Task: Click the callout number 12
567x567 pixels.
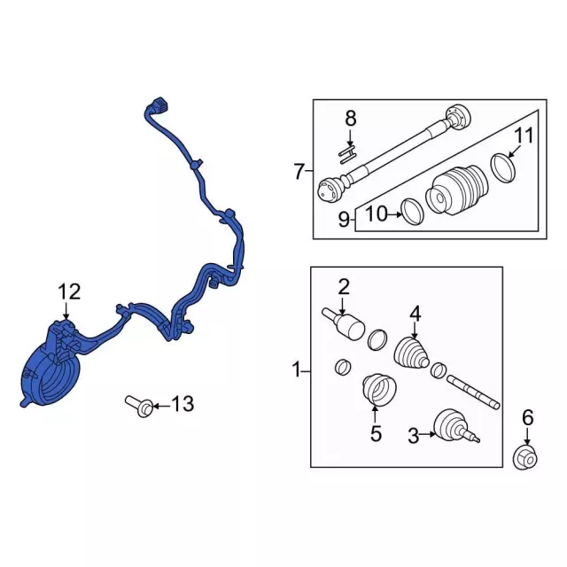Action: pos(69,291)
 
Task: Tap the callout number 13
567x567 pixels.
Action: pos(182,406)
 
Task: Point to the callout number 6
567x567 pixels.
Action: pos(527,417)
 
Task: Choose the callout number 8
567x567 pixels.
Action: pos(350,118)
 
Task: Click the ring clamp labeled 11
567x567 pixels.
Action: pos(501,167)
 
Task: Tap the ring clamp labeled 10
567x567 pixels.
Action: pos(412,211)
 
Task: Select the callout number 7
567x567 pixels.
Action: pos(299,171)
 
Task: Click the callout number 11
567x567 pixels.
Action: pos(525,136)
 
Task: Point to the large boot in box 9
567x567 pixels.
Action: pos(455,187)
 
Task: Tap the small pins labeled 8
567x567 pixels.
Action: pos(346,151)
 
